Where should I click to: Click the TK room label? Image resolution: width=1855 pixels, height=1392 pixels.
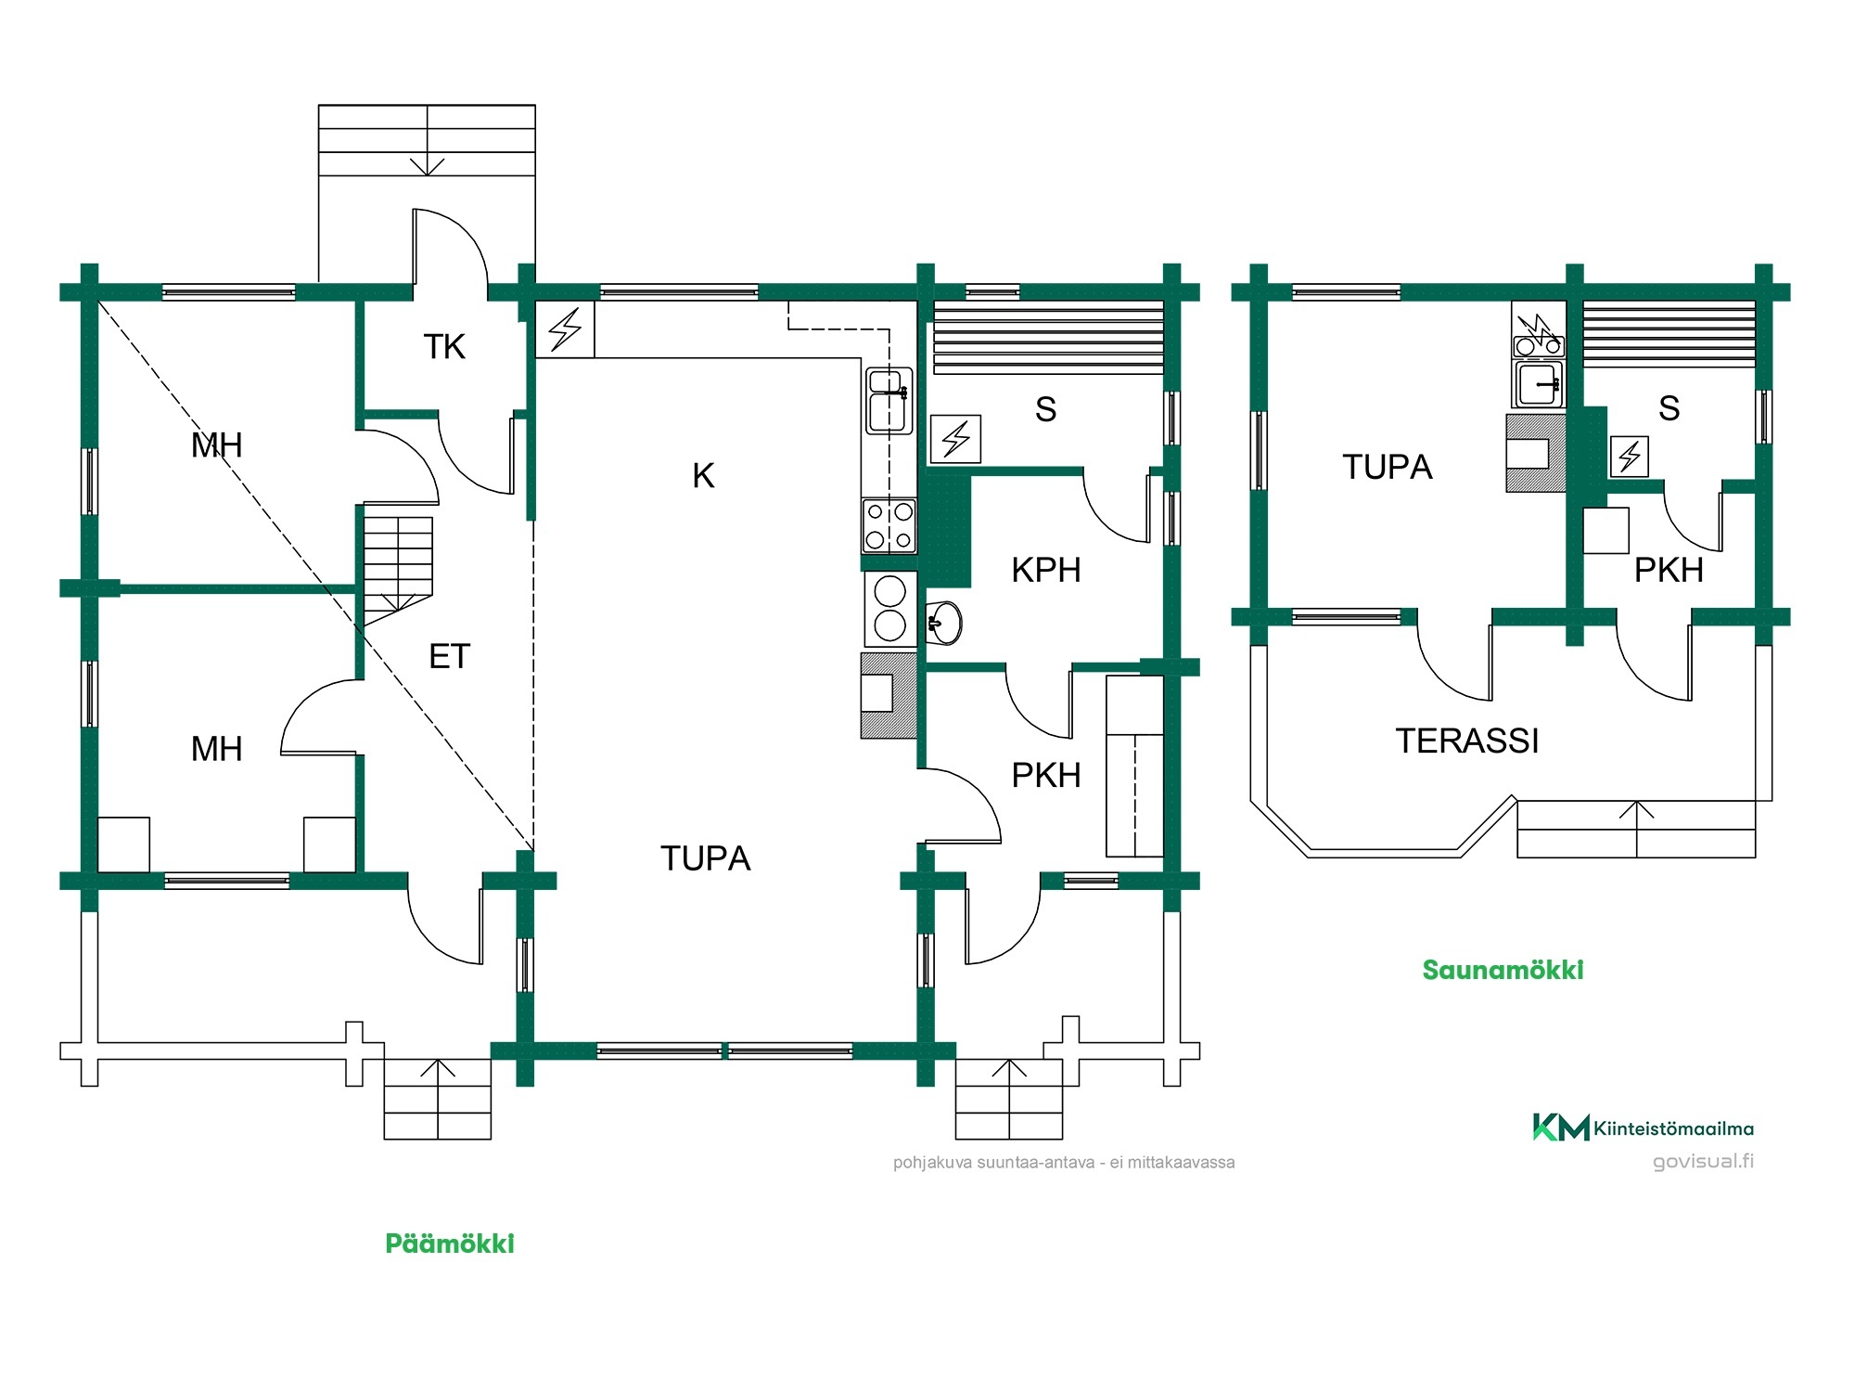(444, 347)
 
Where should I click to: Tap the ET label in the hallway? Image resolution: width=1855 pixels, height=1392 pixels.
(450, 657)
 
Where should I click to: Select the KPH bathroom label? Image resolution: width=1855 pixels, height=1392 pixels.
(1046, 570)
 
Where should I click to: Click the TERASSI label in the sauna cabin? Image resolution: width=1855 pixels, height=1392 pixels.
(1467, 741)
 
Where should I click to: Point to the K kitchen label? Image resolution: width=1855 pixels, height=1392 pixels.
(703, 476)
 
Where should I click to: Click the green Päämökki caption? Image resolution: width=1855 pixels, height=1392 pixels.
(450, 1244)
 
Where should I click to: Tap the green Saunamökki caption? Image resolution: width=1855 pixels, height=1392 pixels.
(1503, 970)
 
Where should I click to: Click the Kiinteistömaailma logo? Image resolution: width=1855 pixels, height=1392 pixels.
(1643, 1128)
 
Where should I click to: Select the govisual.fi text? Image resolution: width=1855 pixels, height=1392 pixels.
(1703, 1161)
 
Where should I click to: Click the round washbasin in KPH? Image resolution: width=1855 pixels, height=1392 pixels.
(944, 622)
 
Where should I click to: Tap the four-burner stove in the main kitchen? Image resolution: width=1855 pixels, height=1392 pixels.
(889, 525)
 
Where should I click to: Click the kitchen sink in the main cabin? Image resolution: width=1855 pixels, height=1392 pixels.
(889, 400)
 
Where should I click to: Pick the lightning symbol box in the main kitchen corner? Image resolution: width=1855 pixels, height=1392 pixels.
(565, 329)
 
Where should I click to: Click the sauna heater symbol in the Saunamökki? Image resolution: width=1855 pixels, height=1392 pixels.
(1630, 456)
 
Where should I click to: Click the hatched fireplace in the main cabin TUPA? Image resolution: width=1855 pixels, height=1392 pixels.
(889, 695)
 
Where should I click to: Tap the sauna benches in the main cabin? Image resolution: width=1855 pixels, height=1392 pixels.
(1048, 337)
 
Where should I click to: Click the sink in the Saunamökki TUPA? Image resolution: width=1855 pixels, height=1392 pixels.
(1539, 383)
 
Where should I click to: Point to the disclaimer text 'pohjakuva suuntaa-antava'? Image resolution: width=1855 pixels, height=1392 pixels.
(993, 1162)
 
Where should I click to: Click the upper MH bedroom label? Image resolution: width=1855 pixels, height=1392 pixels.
(216, 445)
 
